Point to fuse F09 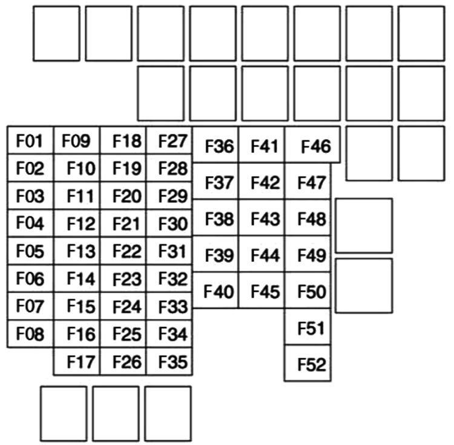77,141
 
